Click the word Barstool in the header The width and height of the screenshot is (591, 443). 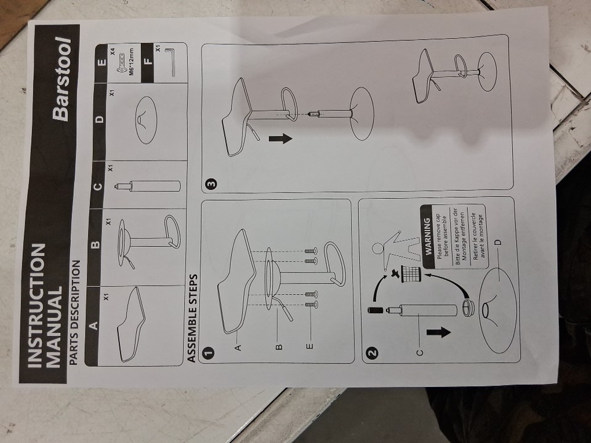[62, 79]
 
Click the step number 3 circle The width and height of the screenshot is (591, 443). [211, 184]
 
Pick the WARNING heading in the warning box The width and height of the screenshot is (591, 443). [427, 236]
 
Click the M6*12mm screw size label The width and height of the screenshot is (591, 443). [132, 62]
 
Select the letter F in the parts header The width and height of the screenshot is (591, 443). [148, 61]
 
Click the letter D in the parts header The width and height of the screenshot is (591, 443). [100, 119]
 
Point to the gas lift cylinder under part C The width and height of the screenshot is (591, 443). [147, 186]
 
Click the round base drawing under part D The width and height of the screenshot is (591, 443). [147, 120]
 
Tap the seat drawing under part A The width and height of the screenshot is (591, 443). [132, 325]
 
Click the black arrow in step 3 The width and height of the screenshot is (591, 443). [281, 138]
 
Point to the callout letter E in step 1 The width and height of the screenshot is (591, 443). [309, 346]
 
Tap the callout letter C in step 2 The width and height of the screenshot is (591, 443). [419, 353]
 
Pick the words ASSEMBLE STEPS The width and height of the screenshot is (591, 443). [193, 319]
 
